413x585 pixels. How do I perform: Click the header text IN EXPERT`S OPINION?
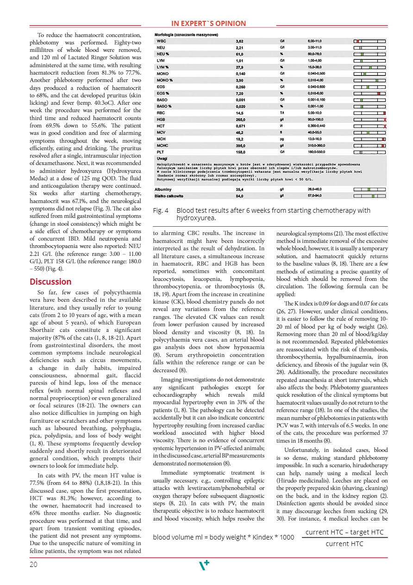208,24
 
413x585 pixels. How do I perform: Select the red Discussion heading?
50,282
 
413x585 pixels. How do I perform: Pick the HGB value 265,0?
241,119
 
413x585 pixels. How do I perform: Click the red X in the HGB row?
385,120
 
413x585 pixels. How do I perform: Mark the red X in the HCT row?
385,126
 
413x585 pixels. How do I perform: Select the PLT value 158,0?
241,152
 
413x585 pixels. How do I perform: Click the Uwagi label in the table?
163,158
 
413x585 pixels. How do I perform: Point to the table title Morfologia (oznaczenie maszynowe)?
186,35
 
